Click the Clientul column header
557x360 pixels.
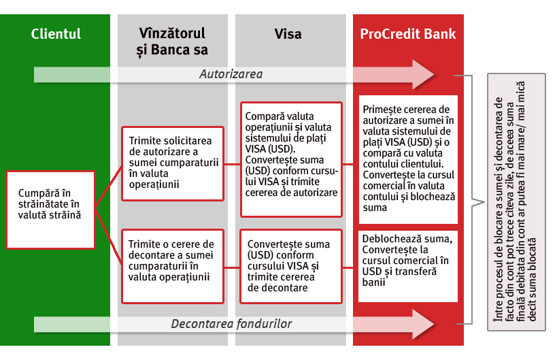[x=56, y=34]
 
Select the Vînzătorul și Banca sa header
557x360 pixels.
[x=172, y=42]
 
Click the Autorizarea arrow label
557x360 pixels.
[x=231, y=73]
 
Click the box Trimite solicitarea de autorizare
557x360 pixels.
[x=172, y=163]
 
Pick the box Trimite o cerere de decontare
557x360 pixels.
[x=172, y=265]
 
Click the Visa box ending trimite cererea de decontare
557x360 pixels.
[x=291, y=265]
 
